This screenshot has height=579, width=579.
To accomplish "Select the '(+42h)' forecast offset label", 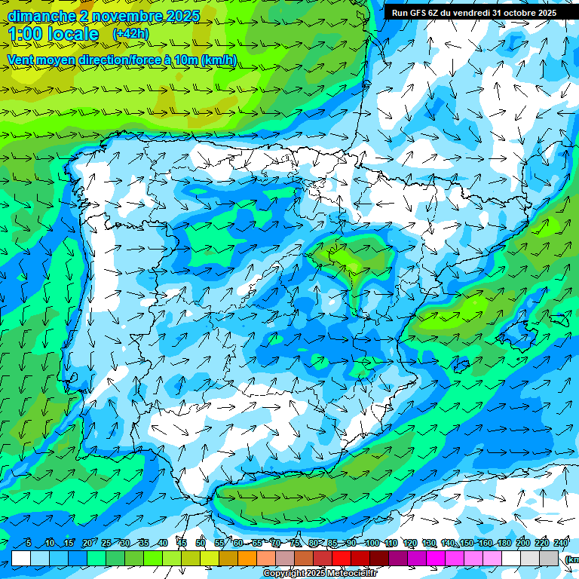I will point(130,34).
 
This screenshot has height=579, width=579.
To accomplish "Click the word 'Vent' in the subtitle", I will point(22,60).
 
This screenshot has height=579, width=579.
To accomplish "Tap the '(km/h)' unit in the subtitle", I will point(219,60).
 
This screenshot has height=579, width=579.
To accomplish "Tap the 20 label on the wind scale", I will point(87,543).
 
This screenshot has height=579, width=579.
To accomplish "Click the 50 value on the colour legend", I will point(201,543).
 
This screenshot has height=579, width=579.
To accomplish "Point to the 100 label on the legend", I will point(372,543).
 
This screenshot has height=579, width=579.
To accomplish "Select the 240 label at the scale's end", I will point(560,543).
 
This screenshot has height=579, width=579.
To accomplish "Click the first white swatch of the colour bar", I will point(21,558).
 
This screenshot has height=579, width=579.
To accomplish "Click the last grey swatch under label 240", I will point(549,558).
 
